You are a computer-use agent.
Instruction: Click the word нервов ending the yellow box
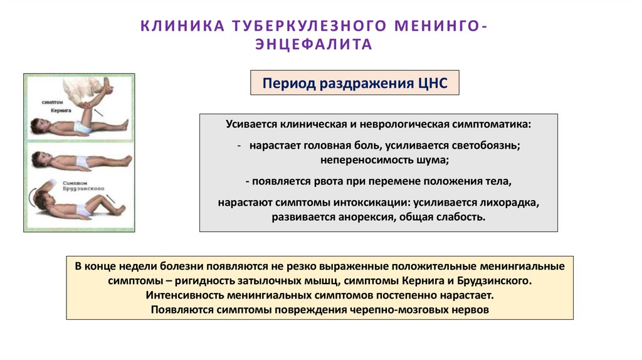point(470,310)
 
